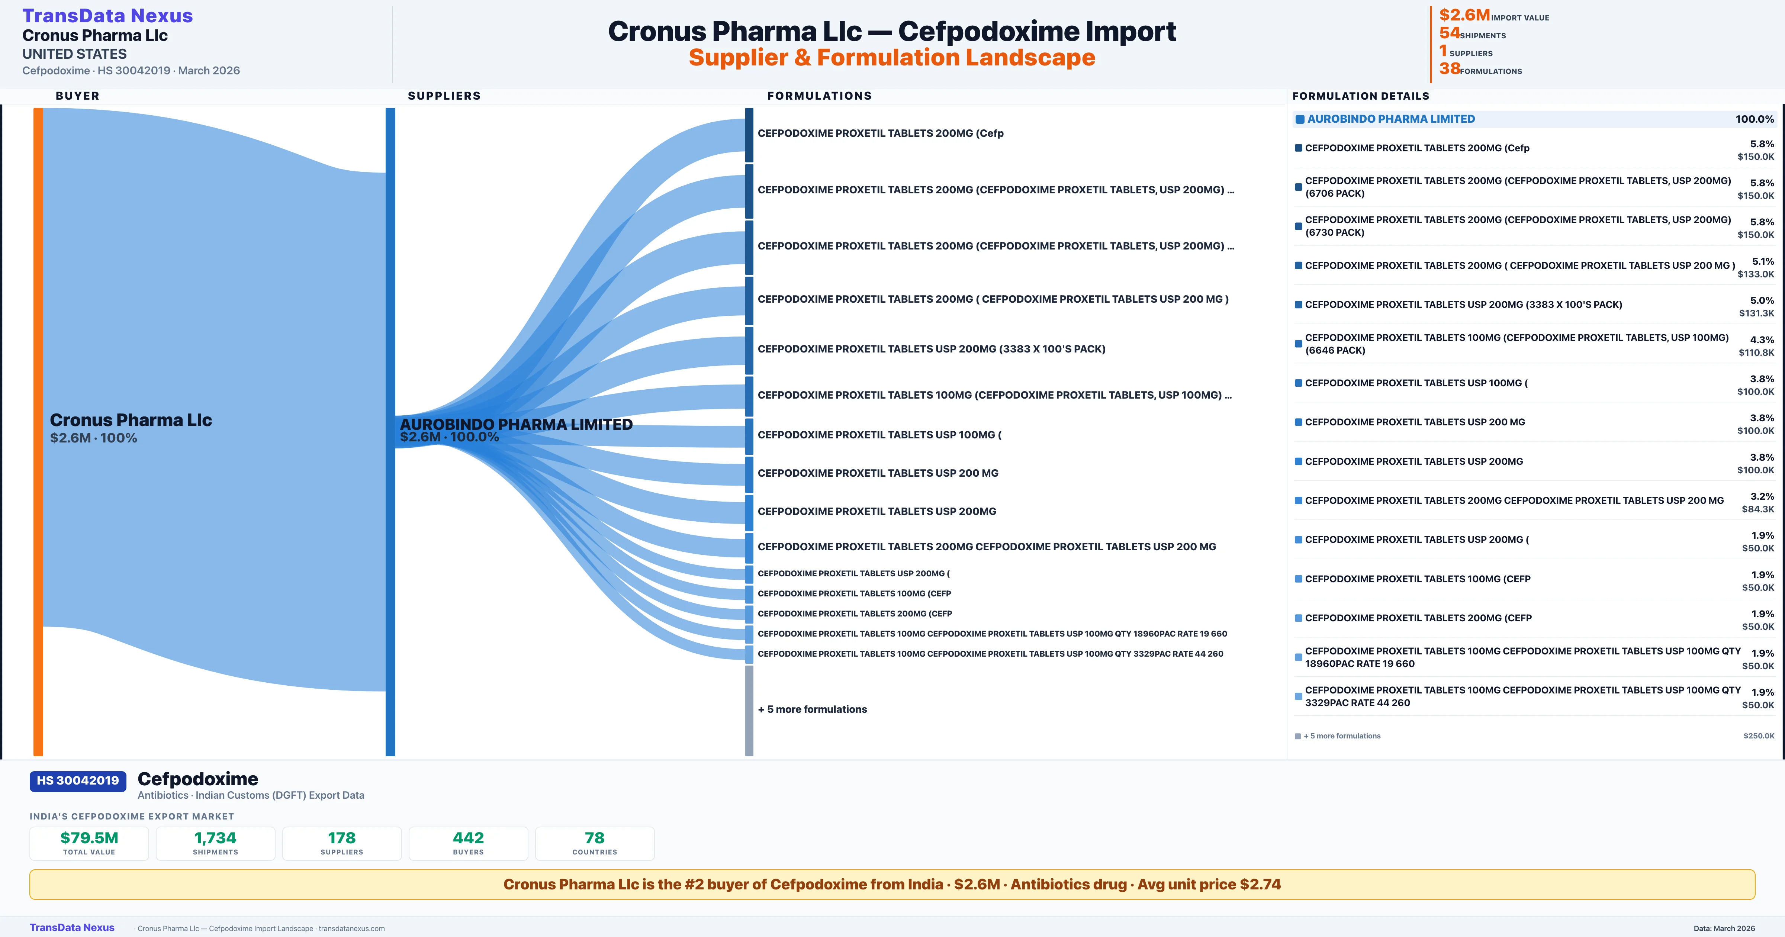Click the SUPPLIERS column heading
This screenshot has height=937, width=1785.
pyautogui.click(x=444, y=96)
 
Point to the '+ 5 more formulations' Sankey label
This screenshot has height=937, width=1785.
pyautogui.click(x=812, y=709)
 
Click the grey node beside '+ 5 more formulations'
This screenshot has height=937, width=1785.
pyautogui.click(x=749, y=711)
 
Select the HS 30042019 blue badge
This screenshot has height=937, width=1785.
pyautogui.click(x=78, y=780)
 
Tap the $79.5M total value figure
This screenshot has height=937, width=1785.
pyautogui.click(x=89, y=838)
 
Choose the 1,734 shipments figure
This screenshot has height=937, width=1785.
pyautogui.click(x=216, y=838)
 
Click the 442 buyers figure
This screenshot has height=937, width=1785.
pyautogui.click(x=469, y=838)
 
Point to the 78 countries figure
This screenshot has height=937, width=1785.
pyautogui.click(x=595, y=838)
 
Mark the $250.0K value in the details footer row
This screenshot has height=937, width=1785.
pyautogui.click(x=1759, y=736)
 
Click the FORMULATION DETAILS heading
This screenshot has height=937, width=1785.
pyautogui.click(x=1360, y=96)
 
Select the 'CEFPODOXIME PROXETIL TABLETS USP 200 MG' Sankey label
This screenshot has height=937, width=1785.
pyautogui.click(x=878, y=473)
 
